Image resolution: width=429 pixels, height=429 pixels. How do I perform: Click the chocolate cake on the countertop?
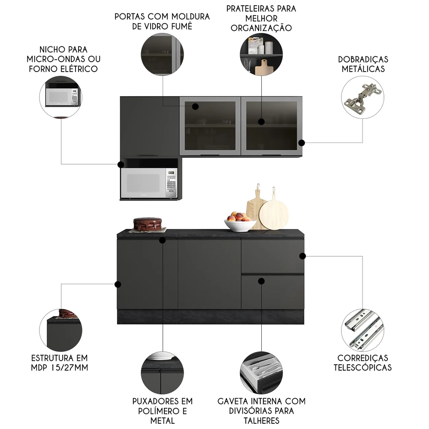coord(148,224)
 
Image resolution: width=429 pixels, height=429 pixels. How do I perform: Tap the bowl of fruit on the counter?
coord(240,222)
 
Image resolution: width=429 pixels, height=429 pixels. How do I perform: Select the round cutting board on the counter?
coord(274,214)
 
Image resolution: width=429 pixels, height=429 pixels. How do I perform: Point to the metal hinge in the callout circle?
coord(362,98)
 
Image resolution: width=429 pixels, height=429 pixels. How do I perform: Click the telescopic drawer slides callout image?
coord(362,329)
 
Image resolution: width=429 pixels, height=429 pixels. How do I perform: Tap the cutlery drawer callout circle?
coord(261,372)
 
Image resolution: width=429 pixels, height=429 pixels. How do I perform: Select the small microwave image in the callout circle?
coord(61,97)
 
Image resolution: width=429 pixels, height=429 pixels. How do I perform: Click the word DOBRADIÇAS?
coord(363,60)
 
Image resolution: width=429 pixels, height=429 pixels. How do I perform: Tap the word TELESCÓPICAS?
coord(364,367)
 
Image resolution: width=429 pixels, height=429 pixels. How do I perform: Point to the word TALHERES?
coord(261,420)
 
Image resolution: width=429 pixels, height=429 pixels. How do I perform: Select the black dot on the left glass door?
coord(195,106)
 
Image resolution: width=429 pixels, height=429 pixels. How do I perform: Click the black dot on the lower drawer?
coord(261,281)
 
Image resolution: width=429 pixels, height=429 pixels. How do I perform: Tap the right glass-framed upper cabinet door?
coord(272,125)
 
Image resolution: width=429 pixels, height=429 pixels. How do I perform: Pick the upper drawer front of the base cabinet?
coord(272,257)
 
